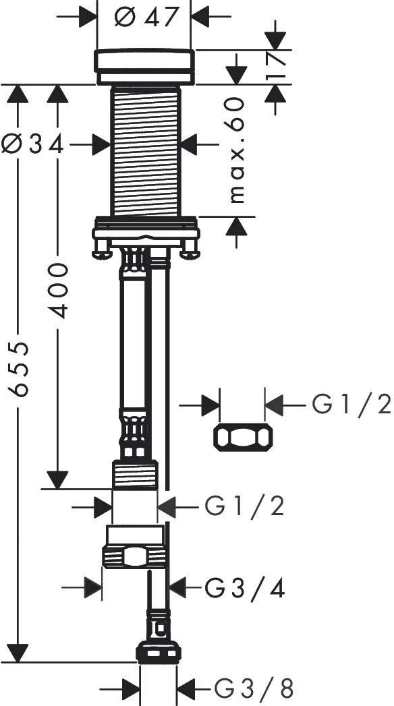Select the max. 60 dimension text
pos(235,150)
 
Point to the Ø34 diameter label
pos(32,144)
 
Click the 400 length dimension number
pos(59,290)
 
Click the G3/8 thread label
pos(254,689)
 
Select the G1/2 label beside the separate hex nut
pos(351,405)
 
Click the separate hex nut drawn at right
pos(243,437)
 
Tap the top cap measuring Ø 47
pos(144,66)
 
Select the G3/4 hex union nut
pos(134,556)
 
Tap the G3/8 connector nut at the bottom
pos(159,652)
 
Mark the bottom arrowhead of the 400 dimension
pos(57,479)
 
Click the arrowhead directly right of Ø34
pos(101,144)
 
